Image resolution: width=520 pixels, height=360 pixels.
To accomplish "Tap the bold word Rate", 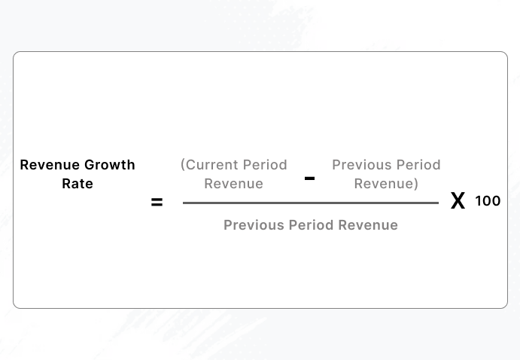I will (78, 184).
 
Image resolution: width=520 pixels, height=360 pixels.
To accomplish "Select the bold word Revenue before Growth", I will (47, 165).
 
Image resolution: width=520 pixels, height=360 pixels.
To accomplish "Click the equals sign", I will (157, 202).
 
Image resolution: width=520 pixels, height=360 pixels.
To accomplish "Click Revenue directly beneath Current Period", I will (234, 184).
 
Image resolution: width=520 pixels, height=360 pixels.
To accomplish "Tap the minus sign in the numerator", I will (309, 178).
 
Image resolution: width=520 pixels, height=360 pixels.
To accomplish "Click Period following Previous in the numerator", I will (415, 165).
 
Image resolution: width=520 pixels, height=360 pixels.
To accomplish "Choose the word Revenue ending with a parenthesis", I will (383, 184).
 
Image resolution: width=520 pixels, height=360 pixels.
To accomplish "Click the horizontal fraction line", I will (310, 203).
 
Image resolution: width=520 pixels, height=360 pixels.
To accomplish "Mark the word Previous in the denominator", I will (250, 225).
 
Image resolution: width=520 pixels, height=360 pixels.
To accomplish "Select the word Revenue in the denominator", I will (368, 225).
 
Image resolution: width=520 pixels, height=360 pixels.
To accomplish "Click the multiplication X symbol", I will (458, 201).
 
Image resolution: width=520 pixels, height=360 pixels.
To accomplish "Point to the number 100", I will (488, 201).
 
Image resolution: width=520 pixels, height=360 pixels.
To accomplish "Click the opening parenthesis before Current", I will (183, 165).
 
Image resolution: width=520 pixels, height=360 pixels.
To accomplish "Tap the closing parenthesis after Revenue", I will (416, 184).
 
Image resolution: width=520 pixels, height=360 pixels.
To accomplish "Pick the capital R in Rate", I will (66, 184).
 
